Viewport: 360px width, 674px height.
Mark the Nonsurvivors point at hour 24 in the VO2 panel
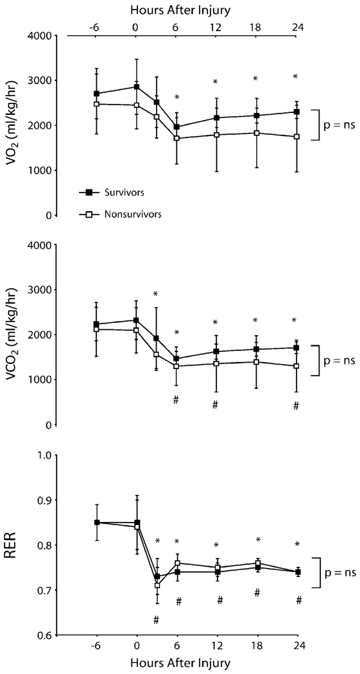296,137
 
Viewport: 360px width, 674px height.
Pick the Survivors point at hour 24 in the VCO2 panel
296,348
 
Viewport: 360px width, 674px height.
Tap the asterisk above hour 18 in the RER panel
258,540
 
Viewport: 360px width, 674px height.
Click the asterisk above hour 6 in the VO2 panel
176,98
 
